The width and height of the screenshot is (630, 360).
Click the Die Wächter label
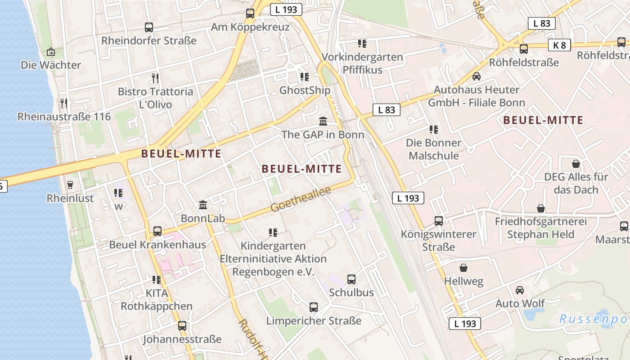pos(51,65)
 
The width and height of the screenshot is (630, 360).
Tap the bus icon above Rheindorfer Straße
pos(149,27)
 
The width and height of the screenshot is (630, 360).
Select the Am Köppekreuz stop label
pos(250,27)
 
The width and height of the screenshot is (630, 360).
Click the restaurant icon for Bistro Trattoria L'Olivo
pos(155,78)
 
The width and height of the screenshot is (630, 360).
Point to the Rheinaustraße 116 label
pos(64,117)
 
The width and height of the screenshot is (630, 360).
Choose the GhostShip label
pos(305,90)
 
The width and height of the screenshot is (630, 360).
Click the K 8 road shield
pos(559,45)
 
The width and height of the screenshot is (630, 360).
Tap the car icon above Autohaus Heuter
pos(477,76)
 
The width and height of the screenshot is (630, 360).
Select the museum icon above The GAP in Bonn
pos(323,121)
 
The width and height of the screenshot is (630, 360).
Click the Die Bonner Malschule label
pos(433,149)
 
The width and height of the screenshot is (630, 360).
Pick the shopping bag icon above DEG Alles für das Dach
pos(576,163)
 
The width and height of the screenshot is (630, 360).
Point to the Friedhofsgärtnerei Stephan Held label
pos(540,228)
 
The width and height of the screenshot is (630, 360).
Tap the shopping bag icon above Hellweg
pos(463,268)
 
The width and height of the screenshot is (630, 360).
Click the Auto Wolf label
pos(520,303)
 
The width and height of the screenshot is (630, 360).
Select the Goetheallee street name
pos(300,199)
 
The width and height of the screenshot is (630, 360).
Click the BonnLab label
pos(202,218)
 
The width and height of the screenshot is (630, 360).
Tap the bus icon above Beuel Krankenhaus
pos(157,231)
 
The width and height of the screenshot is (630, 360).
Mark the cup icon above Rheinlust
pos(70,184)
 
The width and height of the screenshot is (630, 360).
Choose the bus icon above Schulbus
pos(351,279)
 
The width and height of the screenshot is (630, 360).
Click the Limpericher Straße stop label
pos(314,321)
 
